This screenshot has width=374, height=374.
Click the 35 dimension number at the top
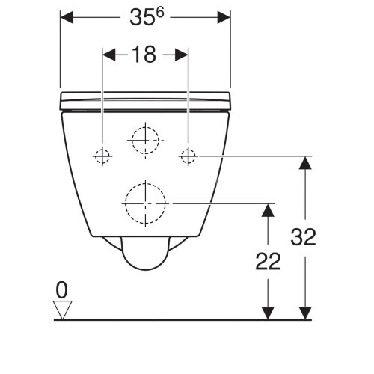coord(142,18)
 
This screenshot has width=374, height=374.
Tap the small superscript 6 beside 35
coord(160,13)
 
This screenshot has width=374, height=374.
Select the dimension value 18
coord(144,54)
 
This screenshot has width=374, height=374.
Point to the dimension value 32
coord(303,236)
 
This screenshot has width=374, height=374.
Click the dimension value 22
coord(269,262)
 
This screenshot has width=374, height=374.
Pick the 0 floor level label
coord(61,290)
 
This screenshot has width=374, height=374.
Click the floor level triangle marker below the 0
coord(62,310)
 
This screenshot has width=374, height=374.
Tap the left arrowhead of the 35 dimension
coord(67,17)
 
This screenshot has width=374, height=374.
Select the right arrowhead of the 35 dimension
coord(224,17)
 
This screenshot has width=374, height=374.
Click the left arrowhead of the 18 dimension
coord(109,55)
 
